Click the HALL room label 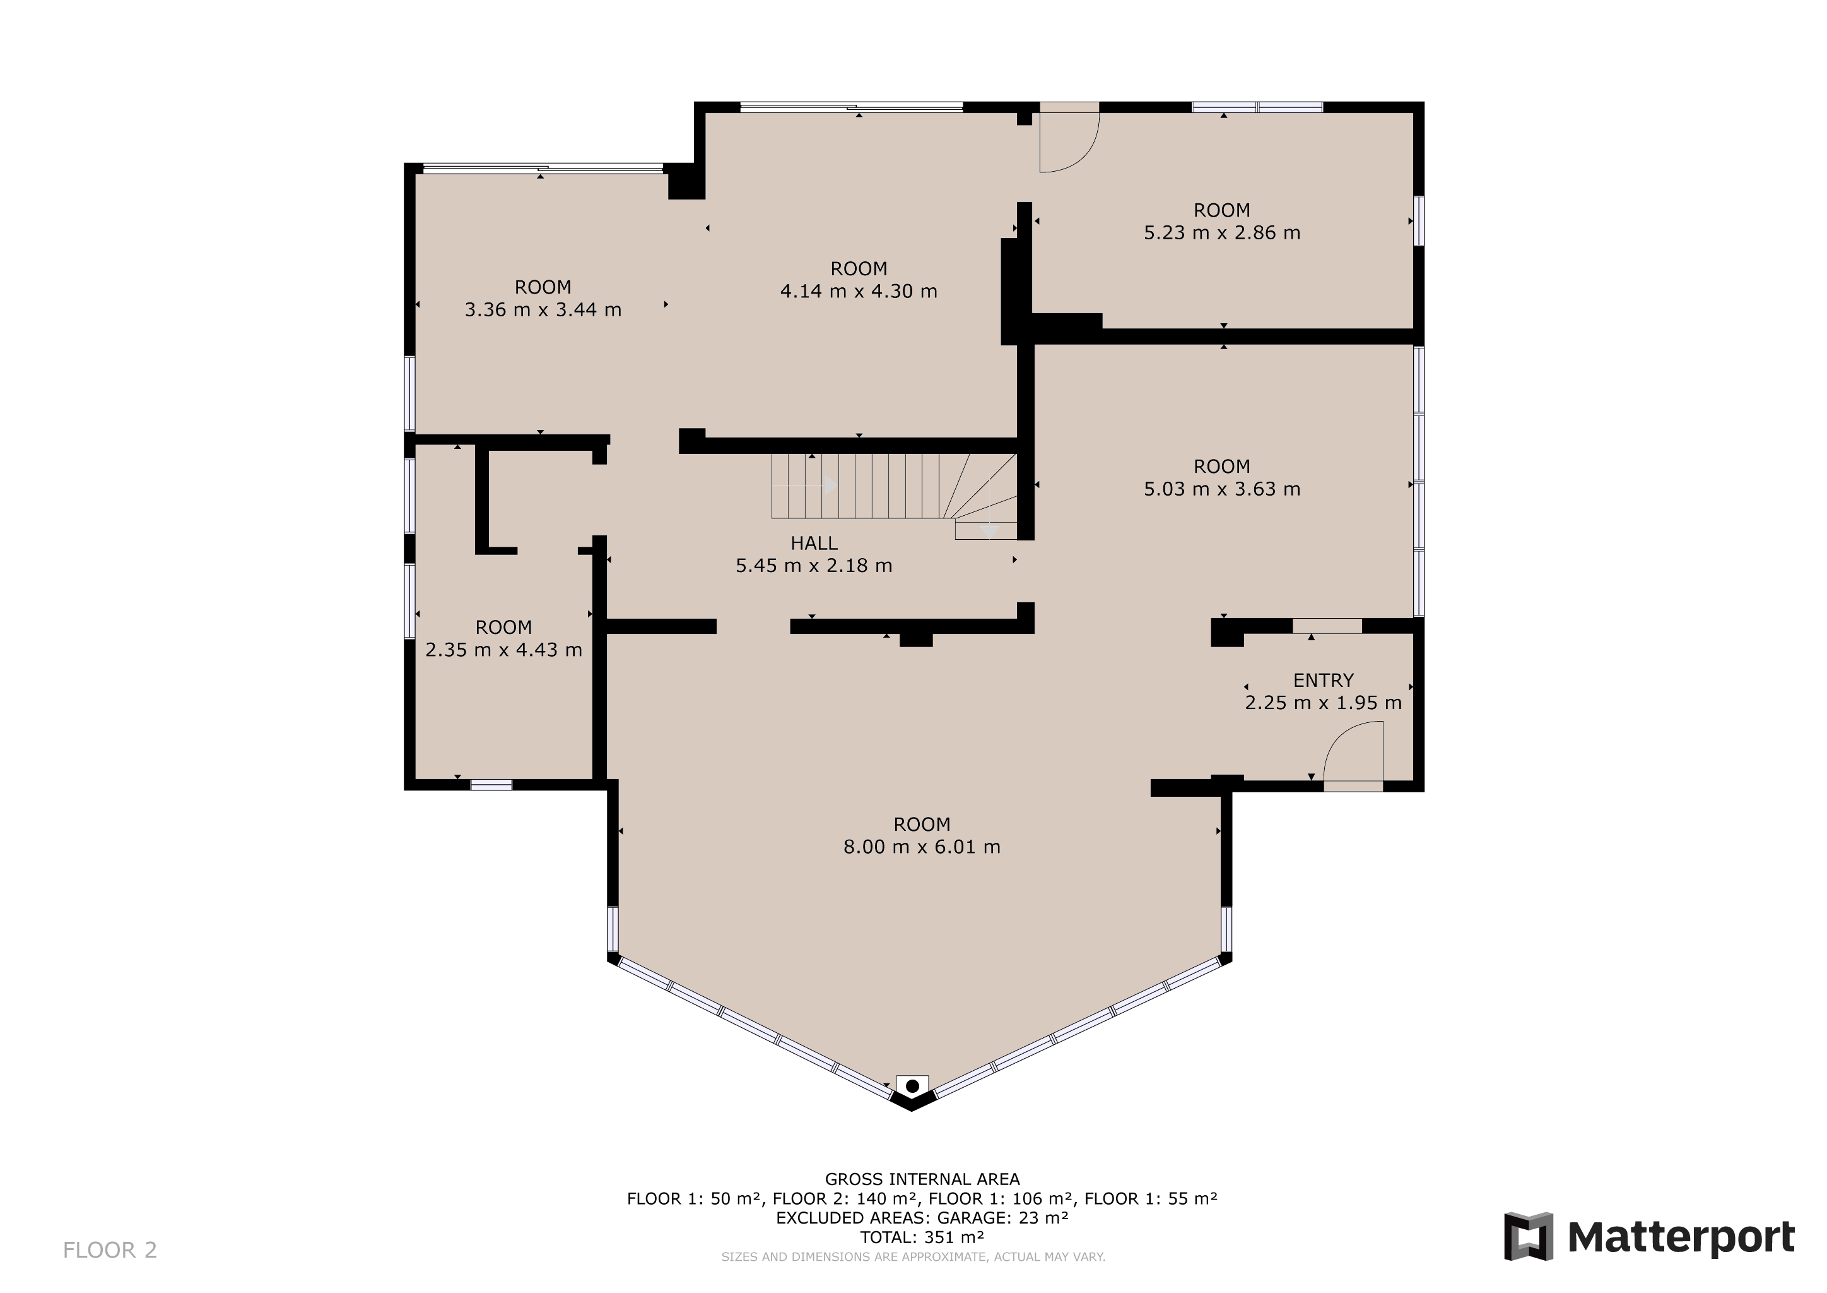click(813, 544)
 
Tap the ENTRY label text click(1324, 681)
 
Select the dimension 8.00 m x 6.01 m click(922, 847)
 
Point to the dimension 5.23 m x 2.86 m click(1222, 233)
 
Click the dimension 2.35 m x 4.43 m click(503, 650)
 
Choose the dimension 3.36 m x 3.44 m click(543, 311)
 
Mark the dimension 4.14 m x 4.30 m click(859, 292)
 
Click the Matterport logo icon click(1528, 1236)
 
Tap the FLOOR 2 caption click(110, 1250)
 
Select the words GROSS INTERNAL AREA click(922, 1179)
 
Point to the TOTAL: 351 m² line click(922, 1237)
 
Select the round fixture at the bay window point click(912, 1086)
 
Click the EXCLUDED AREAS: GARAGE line click(922, 1217)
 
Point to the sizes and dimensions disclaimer click(913, 1256)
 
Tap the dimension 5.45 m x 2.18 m click(813, 566)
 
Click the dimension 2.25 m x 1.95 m click(1324, 703)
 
